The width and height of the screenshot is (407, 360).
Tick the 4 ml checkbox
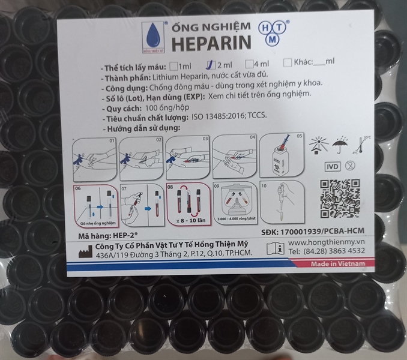pos(249,63)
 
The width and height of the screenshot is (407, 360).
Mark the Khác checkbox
pos(288,62)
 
